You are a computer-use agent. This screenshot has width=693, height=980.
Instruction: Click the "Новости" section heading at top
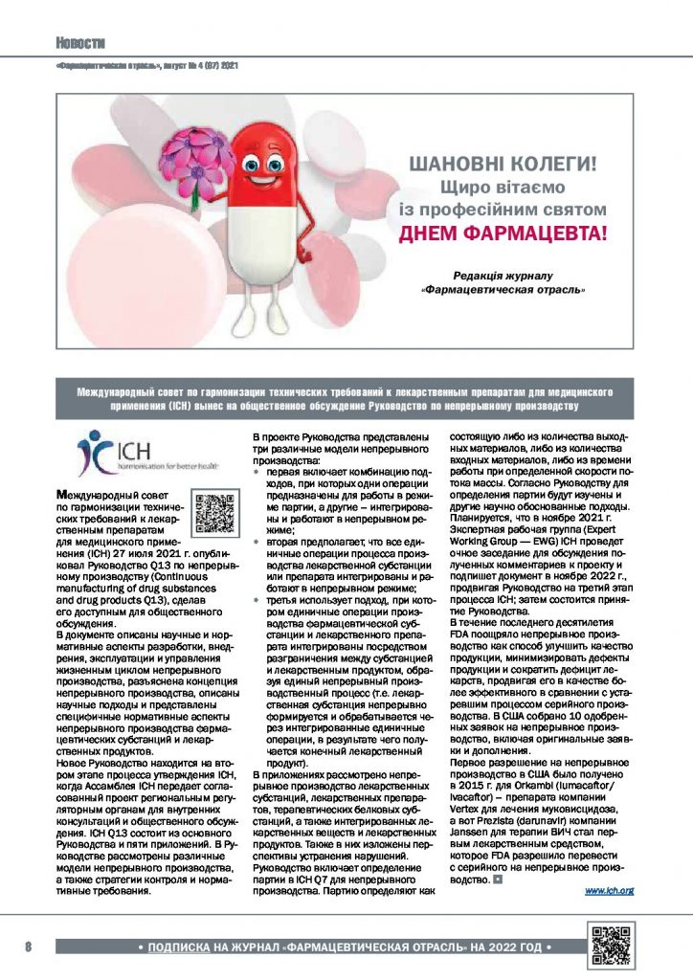(79, 42)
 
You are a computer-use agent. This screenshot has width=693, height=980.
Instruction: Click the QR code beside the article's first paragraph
(213, 512)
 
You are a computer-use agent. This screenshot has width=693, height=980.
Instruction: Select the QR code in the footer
(613, 945)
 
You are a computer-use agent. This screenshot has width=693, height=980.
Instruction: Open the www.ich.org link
(610, 890)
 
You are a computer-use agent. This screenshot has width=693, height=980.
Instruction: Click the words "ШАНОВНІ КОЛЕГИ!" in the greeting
(503, 164)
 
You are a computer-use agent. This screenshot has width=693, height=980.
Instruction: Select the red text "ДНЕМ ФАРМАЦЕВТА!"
(503, 233)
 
